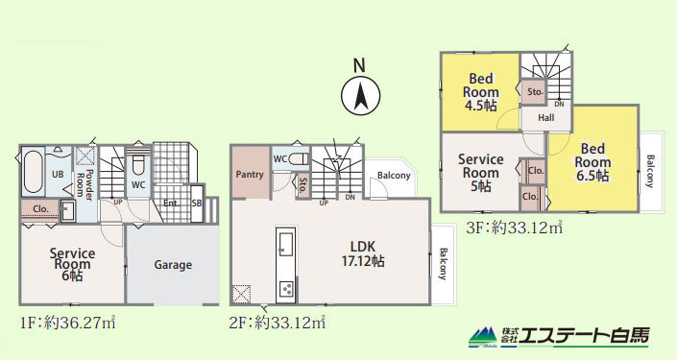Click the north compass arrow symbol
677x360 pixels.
click(x=360, y=95)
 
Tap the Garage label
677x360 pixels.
click(x=173, y=265)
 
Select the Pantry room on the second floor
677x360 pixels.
click(x=251, y=172)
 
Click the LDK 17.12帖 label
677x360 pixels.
click(x=363, y=253)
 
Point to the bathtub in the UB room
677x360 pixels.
click(x=34, y=172)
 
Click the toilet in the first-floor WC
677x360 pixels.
click(x=138, y=164)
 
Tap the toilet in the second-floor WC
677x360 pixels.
click(x=299, y=158)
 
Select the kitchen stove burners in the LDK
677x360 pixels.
click(x=286, y=288)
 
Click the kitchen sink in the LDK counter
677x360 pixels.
click(x=286, y=244)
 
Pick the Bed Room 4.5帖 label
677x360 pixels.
click(x=480, y=92)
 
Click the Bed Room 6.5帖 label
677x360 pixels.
click(x=592, y=162)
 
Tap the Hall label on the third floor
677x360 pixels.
click(x=546, y=117)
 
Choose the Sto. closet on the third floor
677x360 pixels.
click(x=535, y=92)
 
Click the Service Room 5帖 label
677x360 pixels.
click(x=480, y=173)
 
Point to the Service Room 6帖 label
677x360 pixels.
click(x=72, y=264)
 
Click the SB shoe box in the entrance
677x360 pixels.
click(x=197, y=204)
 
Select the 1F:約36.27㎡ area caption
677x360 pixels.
click(x=68, y=323)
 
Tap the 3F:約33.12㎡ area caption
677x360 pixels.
click(x=514, y=228)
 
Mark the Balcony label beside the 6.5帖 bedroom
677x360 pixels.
click(x=651, y=172)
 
